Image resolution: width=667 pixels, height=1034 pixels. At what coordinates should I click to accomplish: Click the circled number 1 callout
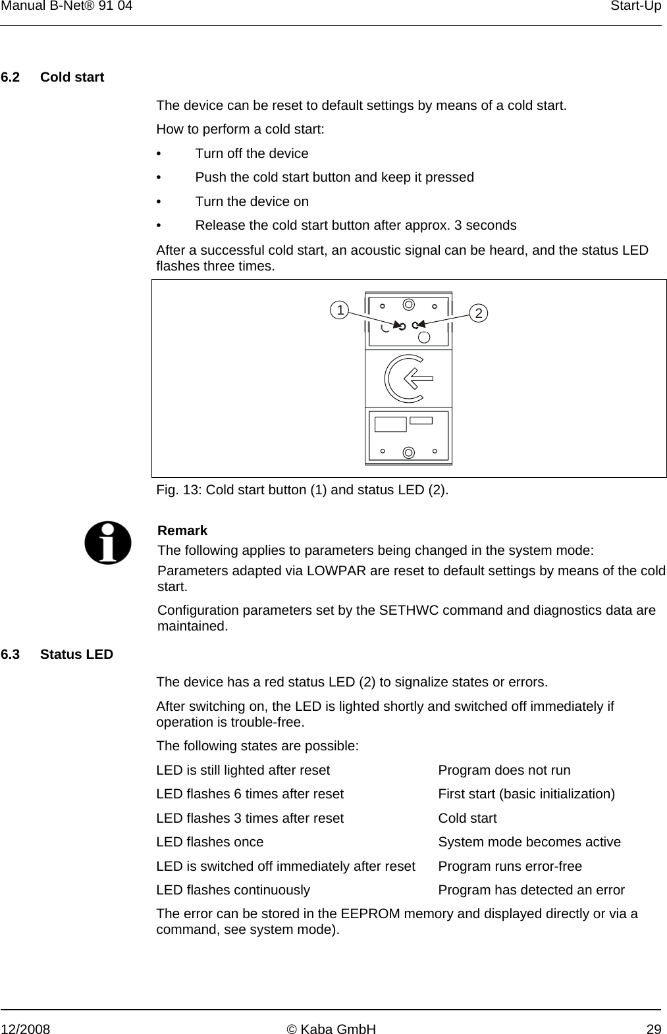click(x=339, y=309)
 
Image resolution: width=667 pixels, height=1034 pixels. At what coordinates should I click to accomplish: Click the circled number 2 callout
click(x=480, y=313)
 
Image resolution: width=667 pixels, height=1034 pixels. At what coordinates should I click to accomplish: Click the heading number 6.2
click(x=11, y=77)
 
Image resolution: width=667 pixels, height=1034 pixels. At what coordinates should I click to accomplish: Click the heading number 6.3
click(x=11, y=655)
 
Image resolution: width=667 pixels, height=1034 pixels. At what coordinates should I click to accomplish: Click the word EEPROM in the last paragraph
click(x=371, y=914)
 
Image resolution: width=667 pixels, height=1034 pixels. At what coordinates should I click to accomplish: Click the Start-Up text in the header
click(x=635, y=6)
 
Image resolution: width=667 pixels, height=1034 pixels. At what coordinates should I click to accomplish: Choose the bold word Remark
click(x=182, y=530)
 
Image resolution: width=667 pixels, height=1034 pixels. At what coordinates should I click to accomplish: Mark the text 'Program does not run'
click(x=504, y=770)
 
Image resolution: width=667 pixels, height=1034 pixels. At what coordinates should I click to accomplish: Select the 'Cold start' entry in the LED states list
click(x=467, y=818)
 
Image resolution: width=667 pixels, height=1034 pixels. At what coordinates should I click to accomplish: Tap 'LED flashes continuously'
click(x=233, y=890)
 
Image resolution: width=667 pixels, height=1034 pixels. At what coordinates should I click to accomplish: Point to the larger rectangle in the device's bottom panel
click(x=390, y=423)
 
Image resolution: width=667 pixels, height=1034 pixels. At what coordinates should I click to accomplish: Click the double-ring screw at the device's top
click(x=408, y=304)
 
